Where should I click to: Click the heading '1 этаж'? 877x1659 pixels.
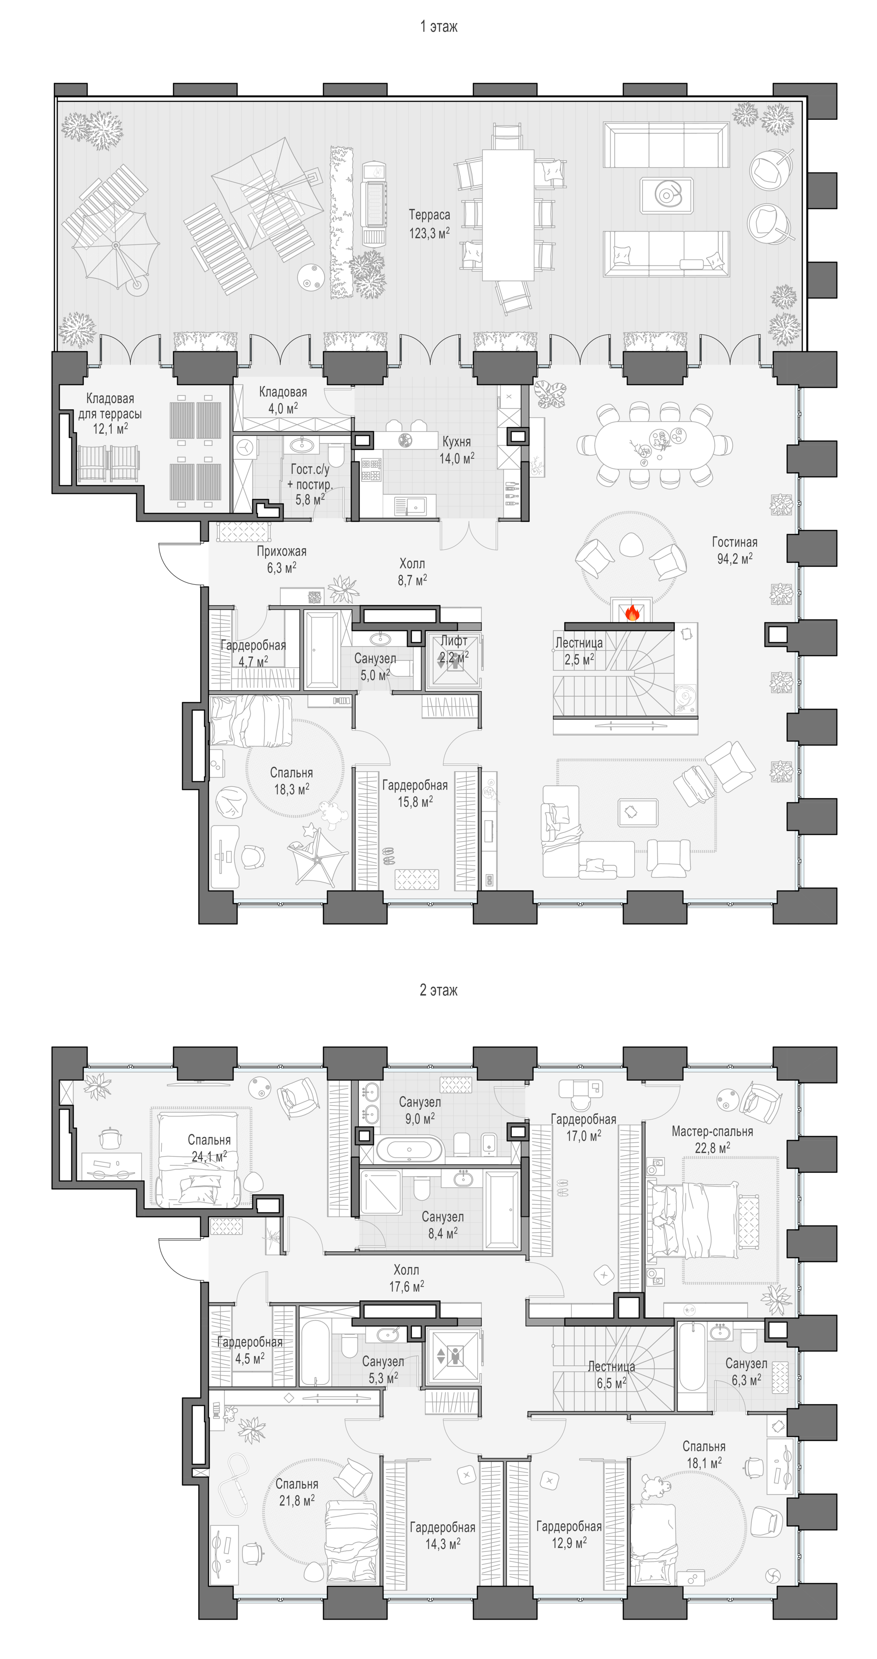tap(438, 27)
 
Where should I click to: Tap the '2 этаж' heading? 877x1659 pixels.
tap(438, 990)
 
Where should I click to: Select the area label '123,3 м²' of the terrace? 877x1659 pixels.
tap(429, 233)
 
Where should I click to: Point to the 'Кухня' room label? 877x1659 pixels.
tap(456, 442)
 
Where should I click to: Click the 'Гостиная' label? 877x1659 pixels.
tap(735, 542)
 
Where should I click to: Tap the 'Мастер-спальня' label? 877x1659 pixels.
tap(712, 1131)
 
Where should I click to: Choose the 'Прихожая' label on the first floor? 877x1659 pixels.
tap(281, 551)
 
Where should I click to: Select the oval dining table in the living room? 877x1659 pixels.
tap(654, 444)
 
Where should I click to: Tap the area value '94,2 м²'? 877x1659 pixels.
tap(735, 559)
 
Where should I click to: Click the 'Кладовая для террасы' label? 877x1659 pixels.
tap(110, 406)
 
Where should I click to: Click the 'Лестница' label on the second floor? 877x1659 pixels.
tap(611, 1367)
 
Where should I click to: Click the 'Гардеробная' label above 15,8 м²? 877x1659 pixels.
tap(415, 786)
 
